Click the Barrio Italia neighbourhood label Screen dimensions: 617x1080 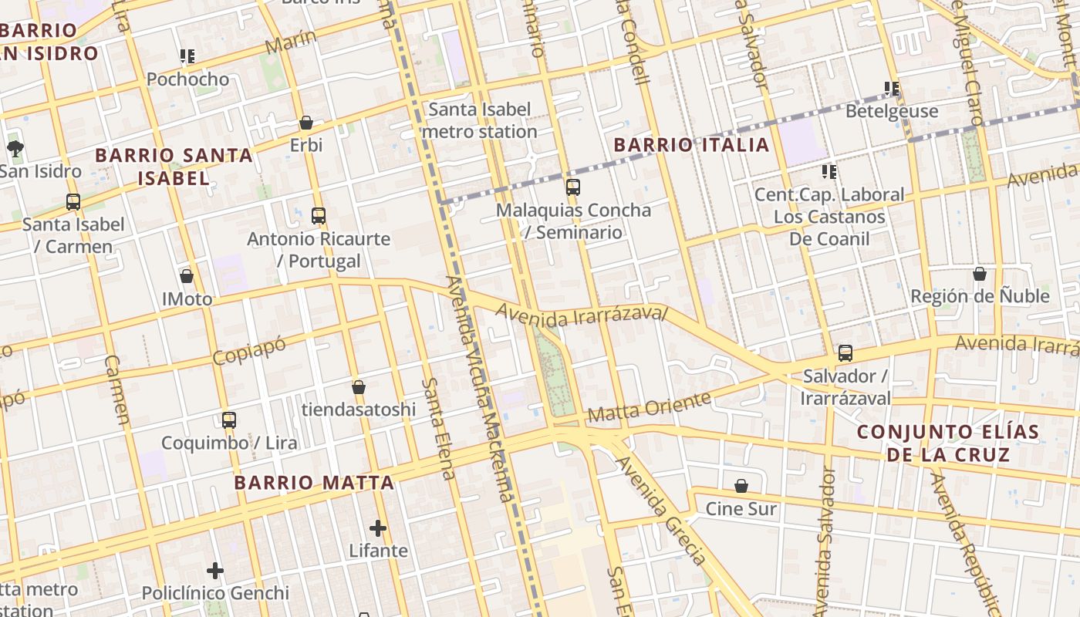pyautogui.click(x=691, y=144)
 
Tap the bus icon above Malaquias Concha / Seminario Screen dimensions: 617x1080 pyautogui.click(x=572, y=187)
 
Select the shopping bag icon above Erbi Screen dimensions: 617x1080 pyautogui.click(x=306, y=123)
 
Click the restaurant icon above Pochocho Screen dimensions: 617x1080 pyautogui.click(x=187, y=56)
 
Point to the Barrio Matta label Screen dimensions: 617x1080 pyautogui.click(x=314, y=483)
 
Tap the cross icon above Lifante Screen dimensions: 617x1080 pyautogui.click(x=378, y=528)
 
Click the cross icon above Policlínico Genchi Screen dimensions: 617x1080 pyautogui.click(x=215, y=571)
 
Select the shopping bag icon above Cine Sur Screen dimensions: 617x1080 pyautogui.click(x=741, y=486)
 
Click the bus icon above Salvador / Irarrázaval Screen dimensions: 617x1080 pyautogui.click(x=845, y=353)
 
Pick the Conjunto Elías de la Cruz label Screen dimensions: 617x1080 pyautogui.click(x=948, y=443)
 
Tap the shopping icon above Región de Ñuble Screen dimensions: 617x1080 pyautogui.click(x=980, y=274)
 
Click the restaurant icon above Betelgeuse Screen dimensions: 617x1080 pyautogui.click(x=893, y=89)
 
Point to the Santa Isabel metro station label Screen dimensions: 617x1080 pyautogui.click(x=480, y=120)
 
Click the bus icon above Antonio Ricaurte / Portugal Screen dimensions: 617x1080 pyautogui.click(x=319, y=216)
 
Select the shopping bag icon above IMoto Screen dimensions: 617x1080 pyautogui.click(x=187, y=276)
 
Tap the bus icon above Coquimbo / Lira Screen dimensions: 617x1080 pyautogui.click(x=229, y=420)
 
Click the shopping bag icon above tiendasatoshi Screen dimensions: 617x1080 pyautogui.click(x=359, y=387)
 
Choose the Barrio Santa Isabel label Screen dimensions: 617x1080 pyautogui.click(x=174, y=166)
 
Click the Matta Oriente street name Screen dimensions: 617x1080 pyautogui.click(x=649, y=407)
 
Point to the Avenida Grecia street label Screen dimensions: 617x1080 pyautogui.click(x=661, y=509)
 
